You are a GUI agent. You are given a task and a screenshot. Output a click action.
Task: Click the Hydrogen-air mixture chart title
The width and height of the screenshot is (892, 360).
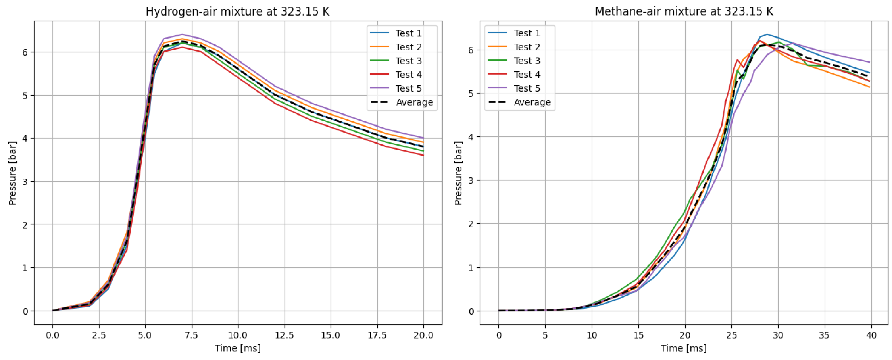[237, 12]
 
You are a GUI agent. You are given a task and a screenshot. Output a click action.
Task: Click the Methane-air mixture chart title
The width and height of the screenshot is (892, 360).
[684, 12]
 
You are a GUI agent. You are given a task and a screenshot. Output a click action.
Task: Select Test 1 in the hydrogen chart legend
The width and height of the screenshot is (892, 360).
[409, 33]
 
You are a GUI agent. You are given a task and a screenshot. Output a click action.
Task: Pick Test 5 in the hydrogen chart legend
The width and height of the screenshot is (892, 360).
[409, 89]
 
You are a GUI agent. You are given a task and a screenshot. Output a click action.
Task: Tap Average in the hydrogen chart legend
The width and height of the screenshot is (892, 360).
[414, 102]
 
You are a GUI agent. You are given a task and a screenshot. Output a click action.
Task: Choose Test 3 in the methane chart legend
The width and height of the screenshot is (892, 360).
[527, 61]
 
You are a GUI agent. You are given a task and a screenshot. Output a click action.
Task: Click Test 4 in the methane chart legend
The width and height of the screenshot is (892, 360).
[527, 75]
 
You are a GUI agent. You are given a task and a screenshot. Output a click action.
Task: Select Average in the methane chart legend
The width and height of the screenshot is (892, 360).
[532, 102]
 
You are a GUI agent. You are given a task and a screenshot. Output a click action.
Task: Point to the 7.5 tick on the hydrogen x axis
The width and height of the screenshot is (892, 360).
[191, 335]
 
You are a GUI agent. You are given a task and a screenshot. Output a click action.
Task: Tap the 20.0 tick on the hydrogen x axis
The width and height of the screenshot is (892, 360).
[423, 335]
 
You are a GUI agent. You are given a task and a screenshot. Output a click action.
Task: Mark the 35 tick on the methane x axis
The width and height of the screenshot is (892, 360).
[825, 335]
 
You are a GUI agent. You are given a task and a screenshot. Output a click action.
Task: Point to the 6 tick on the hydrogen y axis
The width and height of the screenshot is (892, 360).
[25, 52]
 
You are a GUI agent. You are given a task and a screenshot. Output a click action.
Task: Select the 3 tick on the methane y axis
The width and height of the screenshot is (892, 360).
[471, 181]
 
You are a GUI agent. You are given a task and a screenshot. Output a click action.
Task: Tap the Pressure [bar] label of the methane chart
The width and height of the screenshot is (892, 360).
[458, 173]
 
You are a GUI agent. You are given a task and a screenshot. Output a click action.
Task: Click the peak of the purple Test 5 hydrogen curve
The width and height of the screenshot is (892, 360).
[182, 34]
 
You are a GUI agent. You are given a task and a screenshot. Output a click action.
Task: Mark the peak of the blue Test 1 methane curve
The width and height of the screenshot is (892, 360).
[767, 34]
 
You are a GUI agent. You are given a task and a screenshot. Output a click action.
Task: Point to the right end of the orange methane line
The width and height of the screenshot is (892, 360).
[870, 87]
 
